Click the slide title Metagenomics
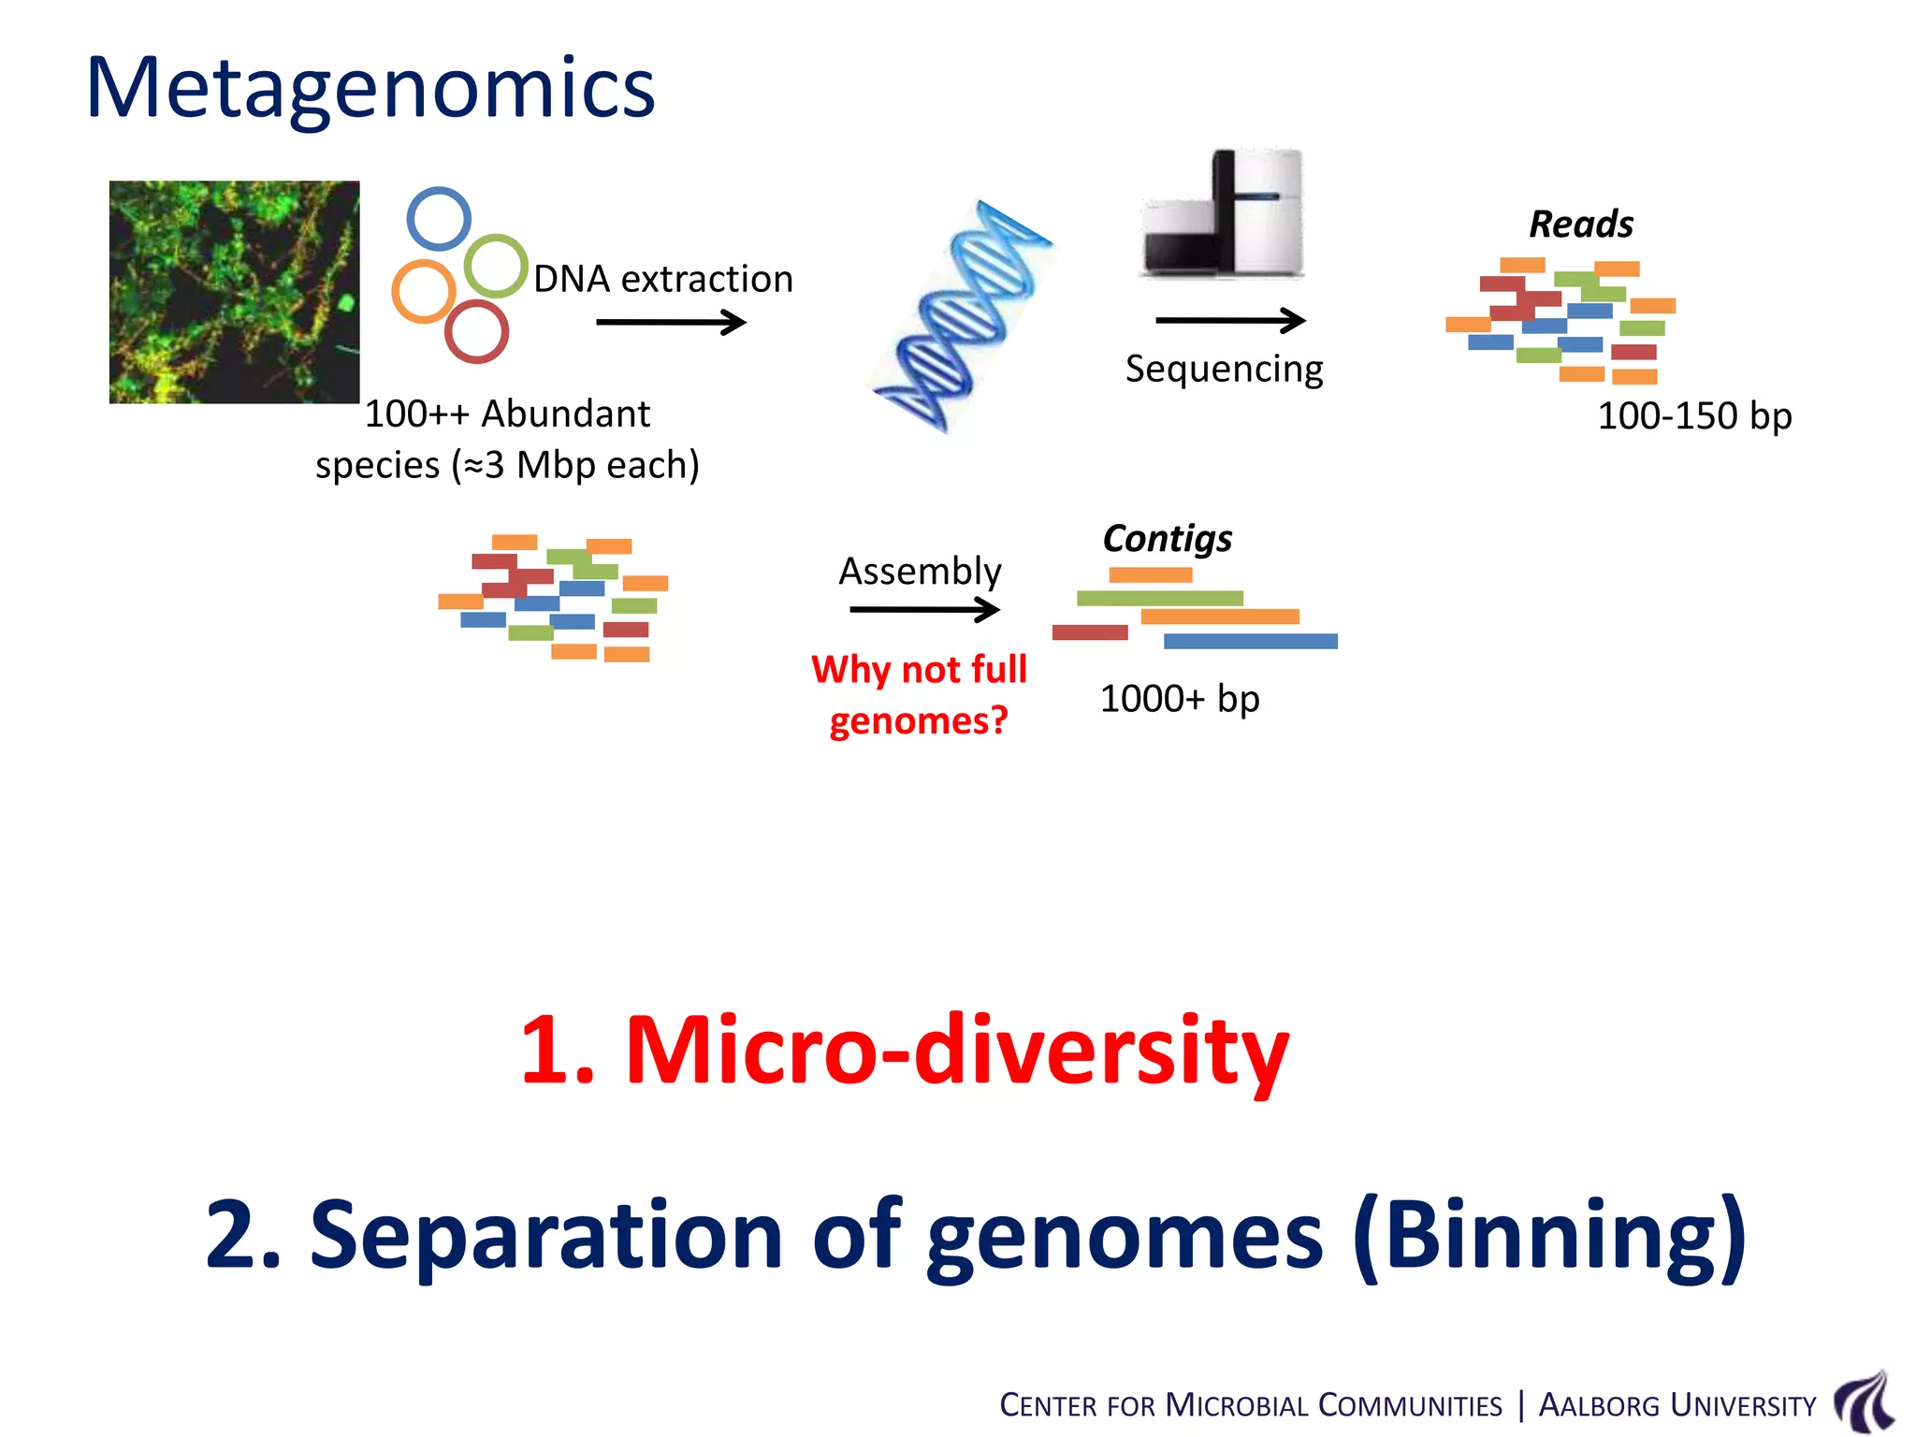(370, 88)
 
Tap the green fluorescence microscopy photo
(234, 292)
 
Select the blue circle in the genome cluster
(439, 219)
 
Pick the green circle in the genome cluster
(496, 266)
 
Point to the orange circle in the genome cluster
(424, 291)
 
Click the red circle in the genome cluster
(476, 331)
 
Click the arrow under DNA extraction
(670, 323)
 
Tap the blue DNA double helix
(962, 316)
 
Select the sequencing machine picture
(1222, 214)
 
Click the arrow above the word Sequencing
(1229, 320)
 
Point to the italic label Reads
(1581, 225)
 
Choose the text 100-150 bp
(1694, 415)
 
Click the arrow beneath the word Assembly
(923, 610)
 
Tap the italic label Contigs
(1167, 539)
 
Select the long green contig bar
(1159, 598)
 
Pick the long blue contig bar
(1250, 641)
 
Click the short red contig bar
(1090, 632)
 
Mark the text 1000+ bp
(1180, 699)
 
